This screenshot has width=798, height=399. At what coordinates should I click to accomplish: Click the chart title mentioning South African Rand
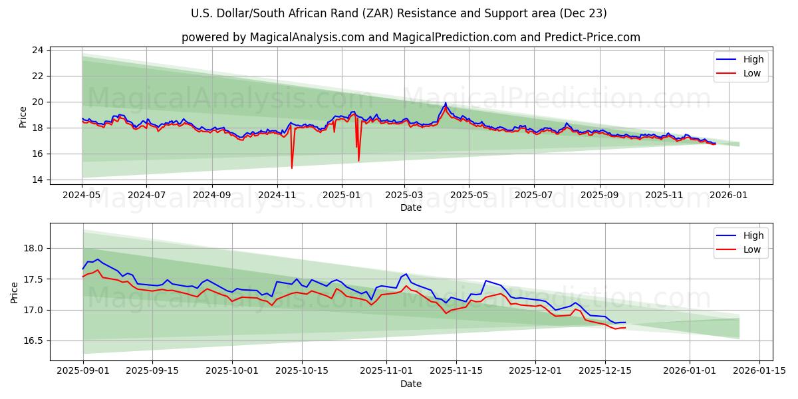tap(398, 13)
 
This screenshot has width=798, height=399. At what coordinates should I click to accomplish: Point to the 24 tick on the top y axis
tap(38, 51)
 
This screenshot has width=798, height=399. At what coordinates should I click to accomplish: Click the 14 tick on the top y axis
tap(38, 180)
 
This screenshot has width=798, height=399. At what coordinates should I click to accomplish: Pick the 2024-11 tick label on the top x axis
tap(277, 196)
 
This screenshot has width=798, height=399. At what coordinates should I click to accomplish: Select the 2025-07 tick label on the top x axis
tap(534, 196)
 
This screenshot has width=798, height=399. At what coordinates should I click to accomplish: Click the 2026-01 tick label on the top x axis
tap(729, 196)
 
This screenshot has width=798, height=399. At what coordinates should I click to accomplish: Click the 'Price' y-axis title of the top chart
tap(23, 116)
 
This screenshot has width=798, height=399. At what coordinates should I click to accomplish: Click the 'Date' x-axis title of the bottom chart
tap(410, 384)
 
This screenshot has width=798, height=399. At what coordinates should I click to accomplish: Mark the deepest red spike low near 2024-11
tap(291, 168)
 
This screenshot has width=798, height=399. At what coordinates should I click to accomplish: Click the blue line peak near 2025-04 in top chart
tap(446, 103)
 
